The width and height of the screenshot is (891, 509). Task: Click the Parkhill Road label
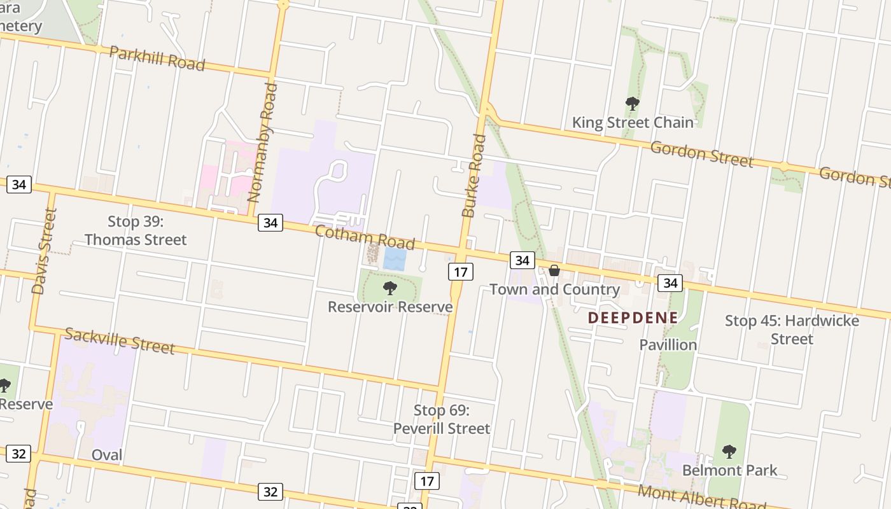pyautogui.click(x=157, y=59)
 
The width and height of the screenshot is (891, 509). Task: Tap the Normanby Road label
pyautogui.click(x=262, y=143)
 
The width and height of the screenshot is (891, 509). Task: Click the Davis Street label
pyautogui.click(x=44, y=251)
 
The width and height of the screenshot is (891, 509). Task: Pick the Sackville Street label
pyautogui.click(x=120, y=340)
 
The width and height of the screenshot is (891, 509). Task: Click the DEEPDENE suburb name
pyautogui.click(x=633, y=317)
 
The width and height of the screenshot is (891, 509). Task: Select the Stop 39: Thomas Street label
pyautogui.click(x=136, y=230)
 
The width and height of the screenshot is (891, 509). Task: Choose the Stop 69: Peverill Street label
pyautogui.click(x=442, y=419)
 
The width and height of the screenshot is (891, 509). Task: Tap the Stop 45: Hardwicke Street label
pyautogui.click(x=792, y=329)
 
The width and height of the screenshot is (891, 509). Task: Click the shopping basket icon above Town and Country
pyautogui.click(x=554, y=270)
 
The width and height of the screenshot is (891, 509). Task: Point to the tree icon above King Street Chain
pyautogui.click(x=632, y=103)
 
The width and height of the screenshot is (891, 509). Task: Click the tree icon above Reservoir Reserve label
pyautogui.click(x=390, y=288)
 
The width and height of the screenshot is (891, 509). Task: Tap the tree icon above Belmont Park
pyautogui.click(x=729, y=452)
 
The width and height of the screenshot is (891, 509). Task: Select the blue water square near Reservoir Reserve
pyautogui.click(x=395, y=259)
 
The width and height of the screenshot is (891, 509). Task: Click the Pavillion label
pyautogui.click(x=668, y=345)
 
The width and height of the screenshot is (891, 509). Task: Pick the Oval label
pyautogui.click(x=107, y=455)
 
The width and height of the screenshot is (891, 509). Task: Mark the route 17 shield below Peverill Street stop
pyautogui.click(x=426, y=480)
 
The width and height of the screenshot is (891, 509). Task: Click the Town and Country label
pyautogui.click(x=554, y=289)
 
